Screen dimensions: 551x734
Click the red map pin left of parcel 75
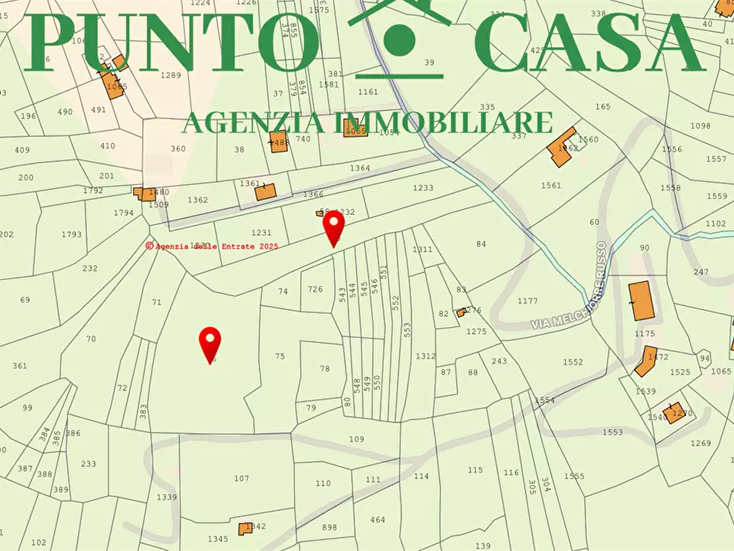coord(211,343)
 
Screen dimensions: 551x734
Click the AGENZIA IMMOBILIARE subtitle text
coord(367,123)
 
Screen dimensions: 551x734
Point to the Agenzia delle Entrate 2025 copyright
coord(212,246)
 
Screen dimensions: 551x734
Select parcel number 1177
coord(528,301)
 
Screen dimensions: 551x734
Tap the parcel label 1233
coord(422,188)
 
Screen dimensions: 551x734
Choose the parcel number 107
coord(241,478)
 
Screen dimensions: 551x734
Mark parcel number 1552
coord(573,362)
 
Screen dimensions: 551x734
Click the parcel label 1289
coord(170,76)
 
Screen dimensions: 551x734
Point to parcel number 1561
coord(551,185)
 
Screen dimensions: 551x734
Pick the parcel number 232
coord(90,268)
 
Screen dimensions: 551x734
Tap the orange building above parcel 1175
coord(640,300)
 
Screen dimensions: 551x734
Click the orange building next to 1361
coord(265,192)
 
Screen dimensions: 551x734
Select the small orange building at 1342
coord(245,529)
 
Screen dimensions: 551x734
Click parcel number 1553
coord(612,432)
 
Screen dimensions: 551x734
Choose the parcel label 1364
coord(360,168)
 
